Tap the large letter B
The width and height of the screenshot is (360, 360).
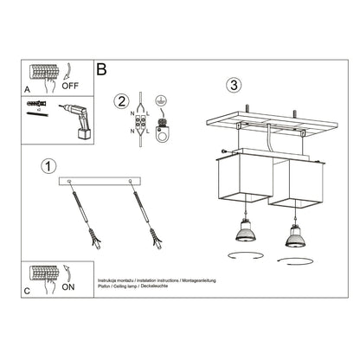coord(102,67)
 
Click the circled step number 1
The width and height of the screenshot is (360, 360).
coord(48,165)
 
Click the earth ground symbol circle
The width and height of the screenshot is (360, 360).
coord(161,100)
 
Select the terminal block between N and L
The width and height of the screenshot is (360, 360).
coord(138,124)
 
